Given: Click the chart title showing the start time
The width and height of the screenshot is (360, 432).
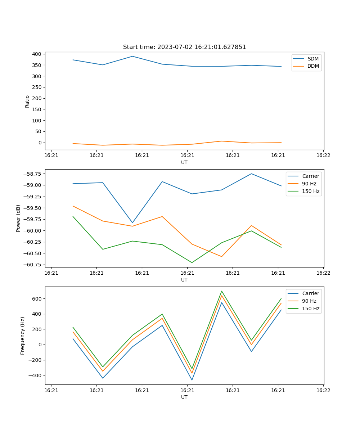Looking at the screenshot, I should point(184,47).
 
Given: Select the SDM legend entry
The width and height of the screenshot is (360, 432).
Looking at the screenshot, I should point(313,59).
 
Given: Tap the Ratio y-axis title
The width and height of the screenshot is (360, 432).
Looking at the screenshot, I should point(27,102).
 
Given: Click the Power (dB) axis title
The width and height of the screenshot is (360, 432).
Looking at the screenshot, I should point(18,218).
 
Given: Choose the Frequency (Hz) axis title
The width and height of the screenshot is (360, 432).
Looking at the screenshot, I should point(23,336).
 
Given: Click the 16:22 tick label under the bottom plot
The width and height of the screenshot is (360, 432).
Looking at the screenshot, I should point(323,390).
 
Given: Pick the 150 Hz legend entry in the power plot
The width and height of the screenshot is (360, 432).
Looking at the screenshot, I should point(311,191).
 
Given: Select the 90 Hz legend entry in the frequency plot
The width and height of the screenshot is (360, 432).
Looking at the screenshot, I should point(309,301).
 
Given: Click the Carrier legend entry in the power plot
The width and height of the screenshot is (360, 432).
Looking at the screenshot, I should point(310,176).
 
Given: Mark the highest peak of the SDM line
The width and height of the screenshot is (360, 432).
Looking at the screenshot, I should point(132,56).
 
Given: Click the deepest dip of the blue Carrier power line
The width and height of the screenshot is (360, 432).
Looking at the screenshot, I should point(132,223).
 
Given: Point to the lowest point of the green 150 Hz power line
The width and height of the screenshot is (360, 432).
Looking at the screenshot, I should point(192,262).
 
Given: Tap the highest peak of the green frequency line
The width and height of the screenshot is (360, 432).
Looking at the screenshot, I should point(222,291).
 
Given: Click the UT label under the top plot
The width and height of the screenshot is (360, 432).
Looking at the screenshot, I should point(184,162).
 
